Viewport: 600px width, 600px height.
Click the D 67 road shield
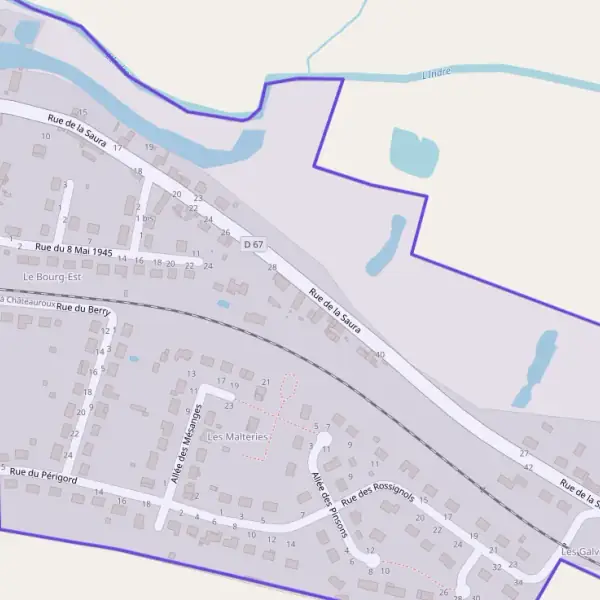click(x=253, y=243)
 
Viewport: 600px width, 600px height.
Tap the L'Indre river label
click(x=437, y=72)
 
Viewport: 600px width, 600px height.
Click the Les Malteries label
click(x=238, y=437)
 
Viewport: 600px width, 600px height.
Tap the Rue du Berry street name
click(x=84, y=310)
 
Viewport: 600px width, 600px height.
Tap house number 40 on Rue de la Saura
click(x=380, y=355)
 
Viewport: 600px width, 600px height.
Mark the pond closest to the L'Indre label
click(x=414, y=150)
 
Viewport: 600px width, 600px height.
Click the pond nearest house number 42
click(x=536, y=368)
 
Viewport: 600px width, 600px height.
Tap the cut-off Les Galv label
click(x=581, y=551)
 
